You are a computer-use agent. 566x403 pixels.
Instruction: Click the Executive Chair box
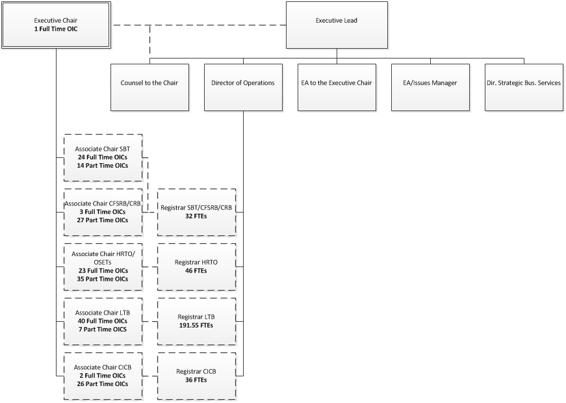tap(56, 25)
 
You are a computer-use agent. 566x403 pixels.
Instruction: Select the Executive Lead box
tap(336, 25)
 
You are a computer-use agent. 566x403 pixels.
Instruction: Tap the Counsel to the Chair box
tap(149, 83)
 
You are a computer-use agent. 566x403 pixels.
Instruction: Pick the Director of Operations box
tap(242, 83)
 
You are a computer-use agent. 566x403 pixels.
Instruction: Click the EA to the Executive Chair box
tap(336, 83)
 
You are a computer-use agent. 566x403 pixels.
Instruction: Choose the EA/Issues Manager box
tap(430, 83)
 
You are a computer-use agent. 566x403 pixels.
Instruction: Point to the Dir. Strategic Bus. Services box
tap(523, 83)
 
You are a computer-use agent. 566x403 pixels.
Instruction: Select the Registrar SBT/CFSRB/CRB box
tap(196, 212)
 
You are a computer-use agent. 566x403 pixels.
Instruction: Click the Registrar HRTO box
tap(196, 266)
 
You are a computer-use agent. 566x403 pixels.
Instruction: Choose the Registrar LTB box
tap(196, 320)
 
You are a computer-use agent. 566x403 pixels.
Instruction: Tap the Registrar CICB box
tap(196, 375)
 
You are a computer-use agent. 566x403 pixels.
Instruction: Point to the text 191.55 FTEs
tap(196, 325)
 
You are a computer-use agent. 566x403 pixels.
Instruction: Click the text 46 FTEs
tap(196, 270)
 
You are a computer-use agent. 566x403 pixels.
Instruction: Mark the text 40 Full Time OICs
tap(102, 321)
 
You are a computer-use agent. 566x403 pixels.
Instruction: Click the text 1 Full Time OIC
tap(56, 29)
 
